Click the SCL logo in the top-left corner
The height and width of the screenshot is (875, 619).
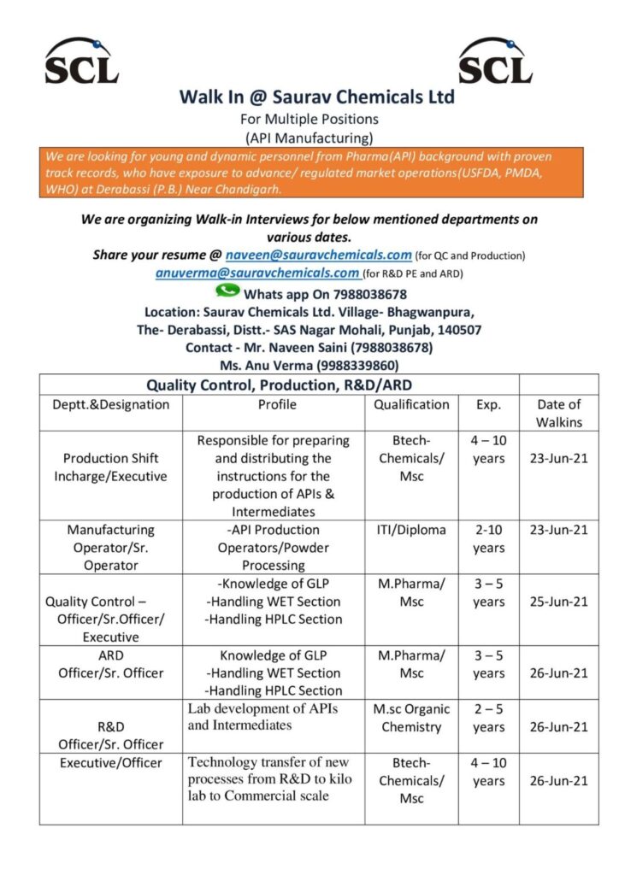82,61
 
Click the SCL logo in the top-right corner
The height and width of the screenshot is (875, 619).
495,61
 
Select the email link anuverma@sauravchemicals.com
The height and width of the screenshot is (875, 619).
257,273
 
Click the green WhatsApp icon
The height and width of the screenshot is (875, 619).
227,291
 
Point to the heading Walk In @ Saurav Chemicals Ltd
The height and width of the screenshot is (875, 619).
316,97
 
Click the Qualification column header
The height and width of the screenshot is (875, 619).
411,404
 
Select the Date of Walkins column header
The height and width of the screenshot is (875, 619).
558,413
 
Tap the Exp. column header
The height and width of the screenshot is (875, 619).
488,404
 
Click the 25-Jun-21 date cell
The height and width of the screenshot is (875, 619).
558,602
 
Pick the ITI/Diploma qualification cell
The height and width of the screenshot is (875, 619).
411,530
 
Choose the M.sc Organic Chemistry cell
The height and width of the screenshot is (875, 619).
411,718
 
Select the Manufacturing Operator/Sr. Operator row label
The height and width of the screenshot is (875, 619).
110,547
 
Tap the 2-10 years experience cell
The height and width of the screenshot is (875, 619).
488,538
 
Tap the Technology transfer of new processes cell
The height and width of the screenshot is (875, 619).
269,778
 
